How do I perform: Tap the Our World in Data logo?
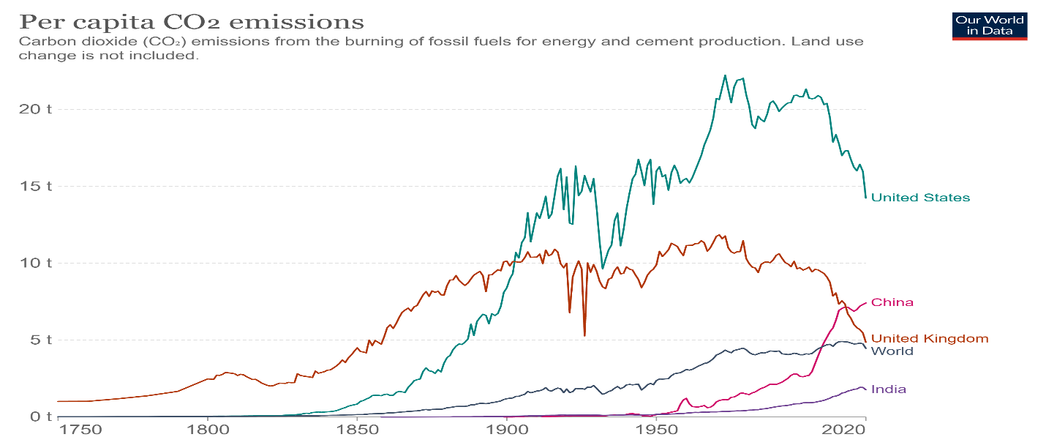coord(990,26)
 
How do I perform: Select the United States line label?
coord(920,198)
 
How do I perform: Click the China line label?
coord(892,302)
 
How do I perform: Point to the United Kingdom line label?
coord(929,338)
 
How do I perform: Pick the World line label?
coord(892,351)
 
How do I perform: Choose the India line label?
coord(889,389)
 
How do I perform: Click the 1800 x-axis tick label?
coord(208,432)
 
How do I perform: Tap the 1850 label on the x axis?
coord(357,432)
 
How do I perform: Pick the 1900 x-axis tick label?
coord(505,432)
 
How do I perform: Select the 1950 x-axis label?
coord(655,432)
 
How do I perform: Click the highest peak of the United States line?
coord(725,75)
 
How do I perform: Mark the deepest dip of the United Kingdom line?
coord(584,335)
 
